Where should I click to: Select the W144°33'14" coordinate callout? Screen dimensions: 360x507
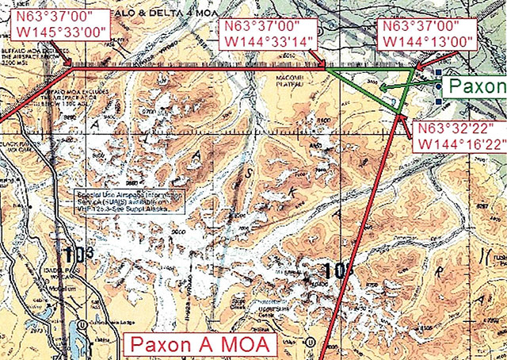[x=269, y=32]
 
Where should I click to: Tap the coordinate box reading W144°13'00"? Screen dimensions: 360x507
[x=428, y=33]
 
